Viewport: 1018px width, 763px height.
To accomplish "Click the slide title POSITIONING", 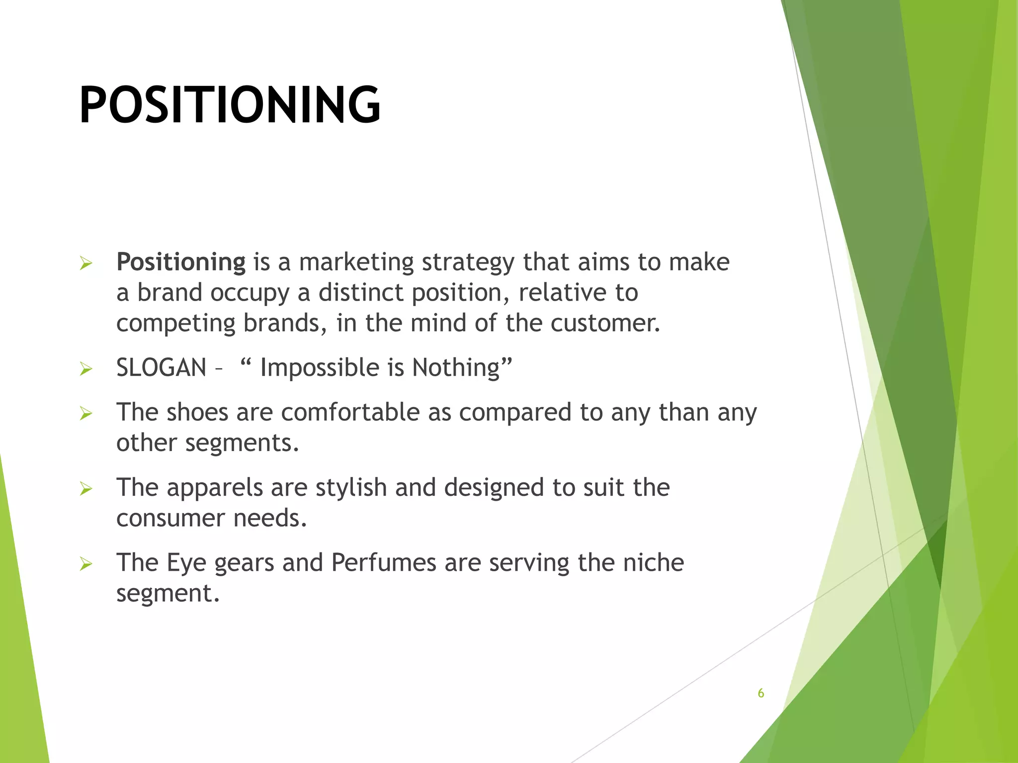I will pos(230,105).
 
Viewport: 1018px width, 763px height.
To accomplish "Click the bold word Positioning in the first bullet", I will pos(181,262).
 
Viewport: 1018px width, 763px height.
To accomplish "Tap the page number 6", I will pos(761,693).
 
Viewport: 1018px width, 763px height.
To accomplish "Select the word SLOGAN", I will pos(161,368).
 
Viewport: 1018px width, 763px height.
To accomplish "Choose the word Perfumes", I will pos(384,563).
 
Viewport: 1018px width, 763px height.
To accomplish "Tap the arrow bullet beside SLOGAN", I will pos(86,369).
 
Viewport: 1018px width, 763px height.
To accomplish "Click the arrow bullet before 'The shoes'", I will pos(86,413).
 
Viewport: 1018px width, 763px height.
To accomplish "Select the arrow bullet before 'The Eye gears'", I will pos(86,564).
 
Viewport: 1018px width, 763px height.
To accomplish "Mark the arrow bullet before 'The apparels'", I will pos(86,489).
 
